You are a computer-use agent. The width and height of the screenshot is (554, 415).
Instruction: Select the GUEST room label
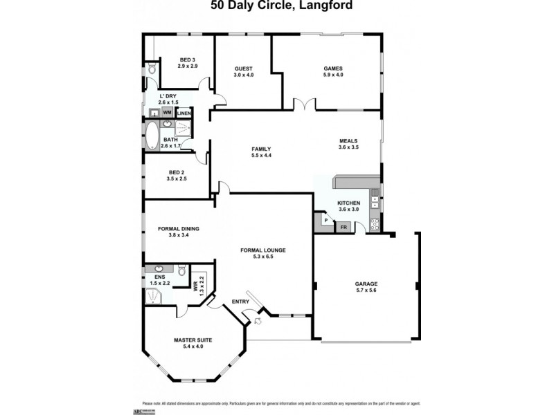[244, 69]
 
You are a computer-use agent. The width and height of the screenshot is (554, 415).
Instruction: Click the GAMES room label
[333, 68]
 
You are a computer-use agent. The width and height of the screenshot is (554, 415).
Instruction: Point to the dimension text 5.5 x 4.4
[261, 156]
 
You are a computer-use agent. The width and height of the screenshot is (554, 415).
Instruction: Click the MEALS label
[348, 140]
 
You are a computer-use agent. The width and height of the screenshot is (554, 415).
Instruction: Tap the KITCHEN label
[348, 203]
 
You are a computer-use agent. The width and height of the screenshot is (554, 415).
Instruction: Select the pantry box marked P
[325, 221]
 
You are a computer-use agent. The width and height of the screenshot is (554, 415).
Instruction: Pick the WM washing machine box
[167, 112]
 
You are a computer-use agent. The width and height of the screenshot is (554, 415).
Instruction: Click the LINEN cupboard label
[184, 113]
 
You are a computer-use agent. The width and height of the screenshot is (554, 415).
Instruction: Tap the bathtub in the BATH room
[152, 136]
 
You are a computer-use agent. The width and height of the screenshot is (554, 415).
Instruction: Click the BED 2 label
[176, 172]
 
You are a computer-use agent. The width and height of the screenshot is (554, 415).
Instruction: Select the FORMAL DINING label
[179, 228]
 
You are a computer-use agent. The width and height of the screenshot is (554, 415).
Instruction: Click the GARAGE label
[366, 284]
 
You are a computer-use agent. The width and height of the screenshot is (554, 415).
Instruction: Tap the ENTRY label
[240, 301]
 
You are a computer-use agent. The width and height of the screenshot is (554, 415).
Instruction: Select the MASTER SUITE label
[193, 340]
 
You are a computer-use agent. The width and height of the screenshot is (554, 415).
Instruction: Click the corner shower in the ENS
[152, 296]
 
